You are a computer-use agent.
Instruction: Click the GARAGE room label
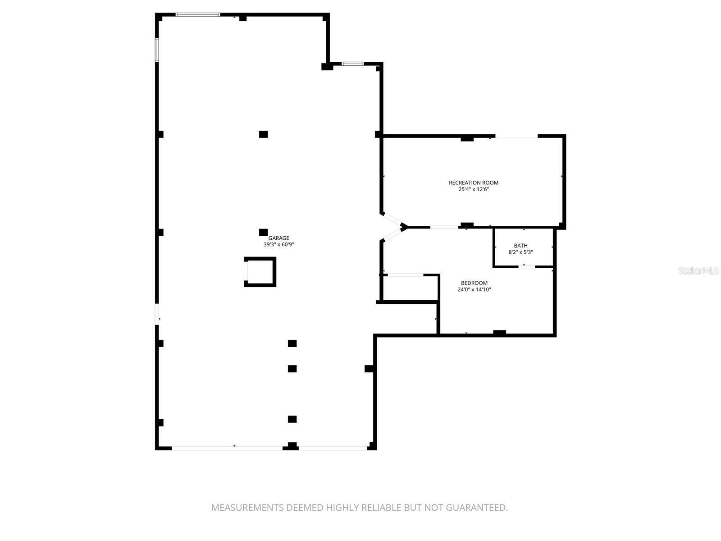pos(278,238)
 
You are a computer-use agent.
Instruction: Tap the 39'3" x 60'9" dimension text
pos(278,244)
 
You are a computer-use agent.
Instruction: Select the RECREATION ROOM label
pos(473,183)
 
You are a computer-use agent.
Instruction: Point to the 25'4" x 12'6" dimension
pos(473,189)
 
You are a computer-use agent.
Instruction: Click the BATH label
pos(520,246)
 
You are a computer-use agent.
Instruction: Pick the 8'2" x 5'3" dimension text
pos(520,252)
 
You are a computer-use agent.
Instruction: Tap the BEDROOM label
pos(474,283)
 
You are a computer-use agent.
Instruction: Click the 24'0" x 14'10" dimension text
pos(474,289)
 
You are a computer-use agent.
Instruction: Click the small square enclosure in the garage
pos(260,272)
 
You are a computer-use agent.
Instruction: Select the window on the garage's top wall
pos(197,14)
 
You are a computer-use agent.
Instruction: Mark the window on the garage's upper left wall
pos(157,50)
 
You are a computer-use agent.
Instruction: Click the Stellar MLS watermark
pos(698,270)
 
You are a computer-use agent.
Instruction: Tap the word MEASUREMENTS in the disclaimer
pos(247,508)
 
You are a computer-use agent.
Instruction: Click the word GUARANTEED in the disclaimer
pos(476,508)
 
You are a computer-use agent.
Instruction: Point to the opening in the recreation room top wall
pos(516,136)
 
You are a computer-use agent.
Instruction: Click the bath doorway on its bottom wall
pos(526,267)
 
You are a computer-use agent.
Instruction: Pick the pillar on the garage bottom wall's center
pos(292,446)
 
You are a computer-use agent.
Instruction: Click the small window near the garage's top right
pos(352,64)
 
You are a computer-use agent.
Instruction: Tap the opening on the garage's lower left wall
pos(157,314)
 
